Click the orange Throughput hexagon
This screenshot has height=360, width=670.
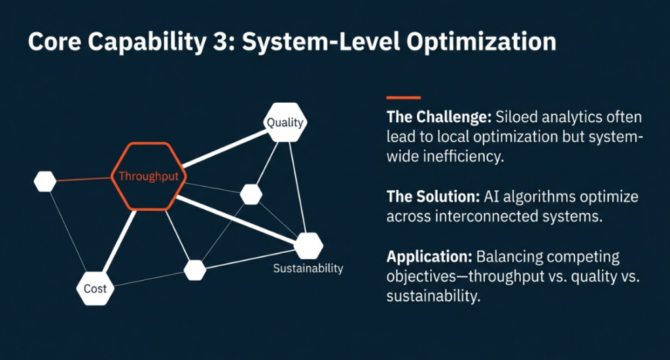pos(149,177)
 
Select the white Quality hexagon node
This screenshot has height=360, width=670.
pos(285,122)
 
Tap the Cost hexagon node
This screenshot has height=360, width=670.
pos(95,289)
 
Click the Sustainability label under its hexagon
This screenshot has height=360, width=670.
pos(308,268)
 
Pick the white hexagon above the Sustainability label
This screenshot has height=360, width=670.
pos(308,245)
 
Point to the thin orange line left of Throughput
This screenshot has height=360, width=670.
pos(84,179)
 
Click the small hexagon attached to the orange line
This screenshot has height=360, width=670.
pos(44,181)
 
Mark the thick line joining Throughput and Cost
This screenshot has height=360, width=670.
pos(120,242)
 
